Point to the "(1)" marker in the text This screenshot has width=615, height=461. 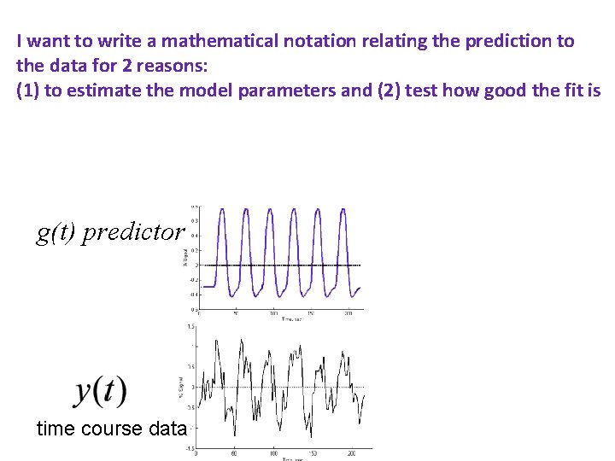(x=27, y=91)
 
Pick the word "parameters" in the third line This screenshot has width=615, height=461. (x=293, y=91)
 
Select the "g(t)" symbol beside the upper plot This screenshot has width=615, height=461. (x=56, y=232)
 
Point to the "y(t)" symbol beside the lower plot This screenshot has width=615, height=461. (x=101, y=391)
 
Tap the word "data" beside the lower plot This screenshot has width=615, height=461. (x=167, y=429)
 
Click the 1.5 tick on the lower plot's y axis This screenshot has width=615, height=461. (x=193, y=326)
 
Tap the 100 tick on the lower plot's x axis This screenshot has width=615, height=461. (x=274, y=453)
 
